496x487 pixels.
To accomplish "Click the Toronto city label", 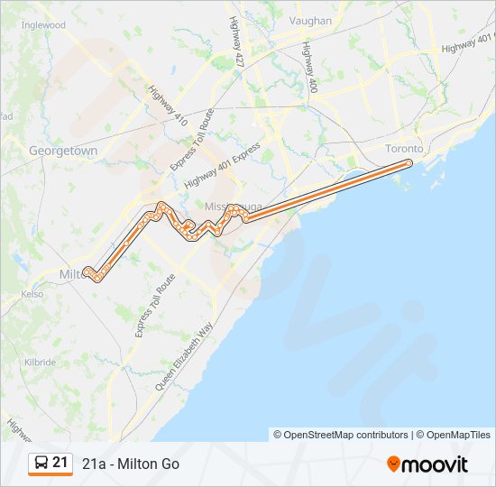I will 403,148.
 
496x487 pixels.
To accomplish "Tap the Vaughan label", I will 310,21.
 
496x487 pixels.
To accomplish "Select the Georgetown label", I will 63,152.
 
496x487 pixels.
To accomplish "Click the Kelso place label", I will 32,294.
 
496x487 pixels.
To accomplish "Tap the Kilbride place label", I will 40,363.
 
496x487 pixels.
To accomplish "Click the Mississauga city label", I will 233,207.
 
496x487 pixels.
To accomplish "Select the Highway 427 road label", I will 237,41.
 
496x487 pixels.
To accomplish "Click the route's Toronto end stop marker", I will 409,163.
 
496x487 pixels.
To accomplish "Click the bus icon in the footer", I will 41,464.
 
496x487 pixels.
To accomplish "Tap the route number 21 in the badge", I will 60,463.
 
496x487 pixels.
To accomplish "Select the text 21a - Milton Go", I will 131,464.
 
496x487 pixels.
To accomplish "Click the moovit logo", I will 427,464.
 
